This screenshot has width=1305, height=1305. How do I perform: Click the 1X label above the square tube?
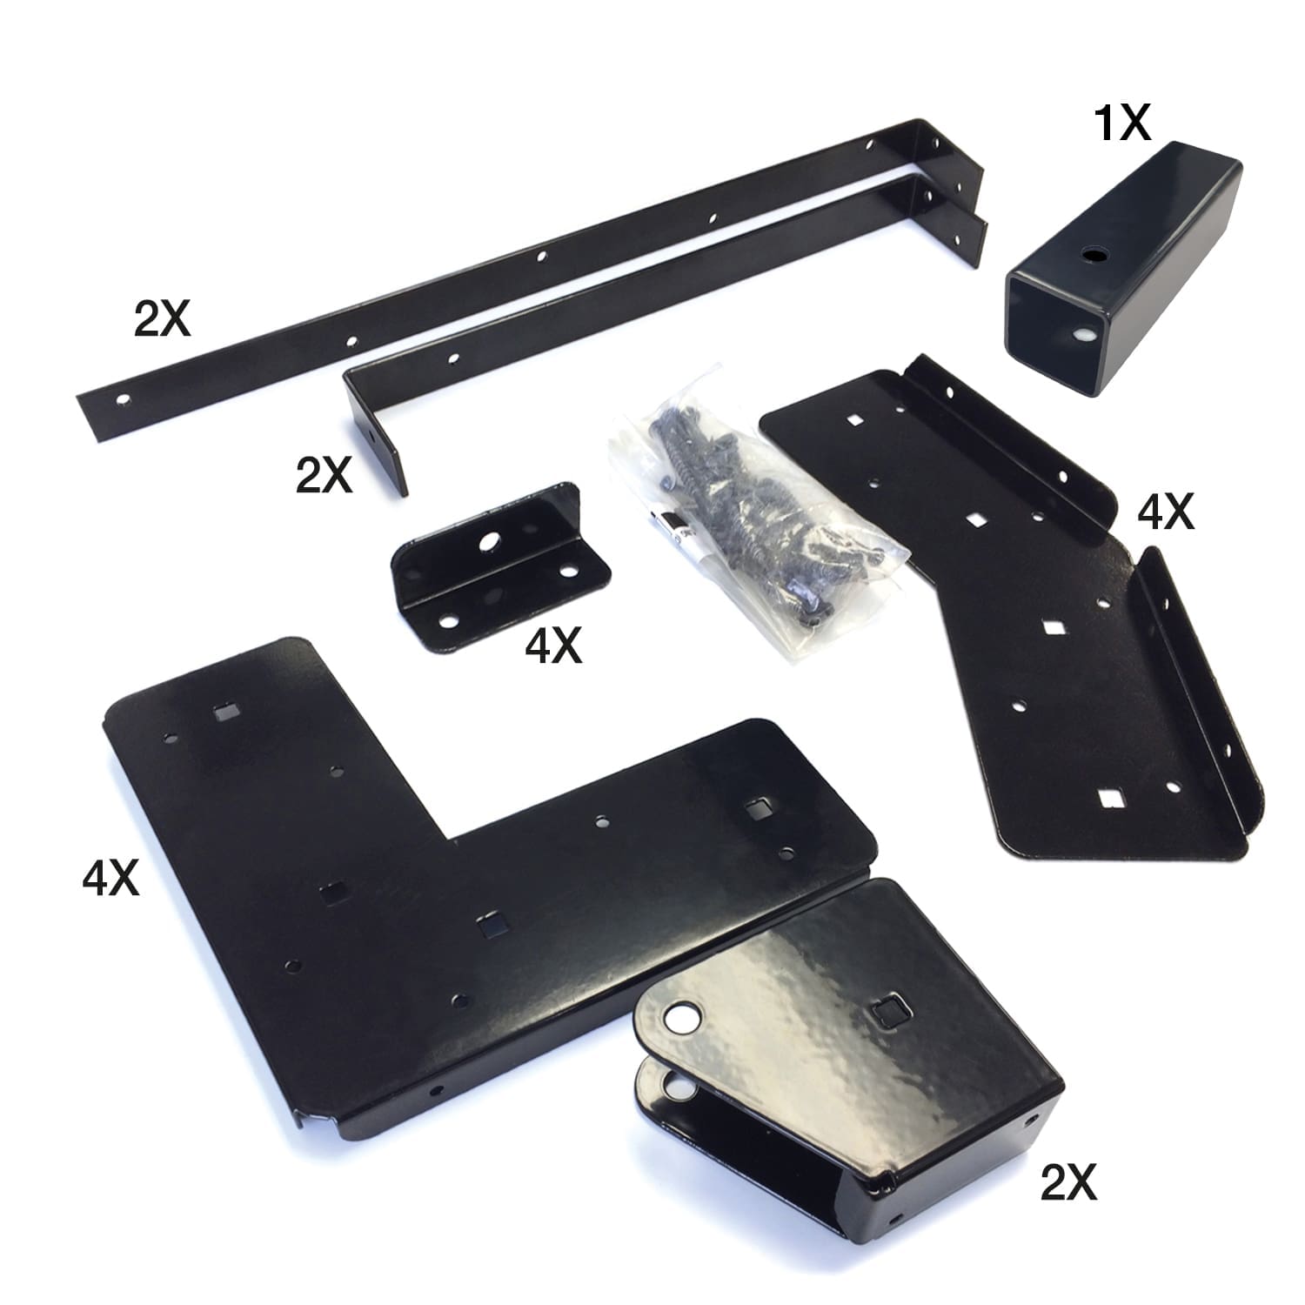(x=1121, y=122)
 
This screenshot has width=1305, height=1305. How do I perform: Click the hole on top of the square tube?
(x=1091, y=255)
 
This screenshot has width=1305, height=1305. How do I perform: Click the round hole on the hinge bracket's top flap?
(x=680, y=1018)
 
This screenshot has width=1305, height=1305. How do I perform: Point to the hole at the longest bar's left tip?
(x=124, y=399)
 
